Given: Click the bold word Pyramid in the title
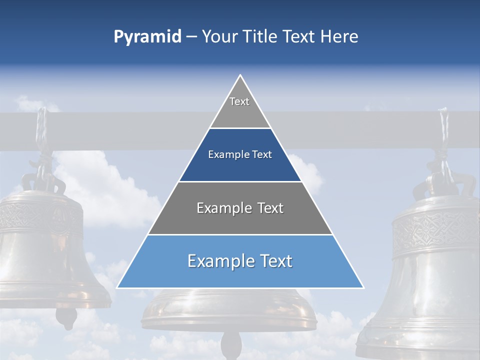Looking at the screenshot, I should coord(147,37).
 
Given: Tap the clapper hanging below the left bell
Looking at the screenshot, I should coord(66,316).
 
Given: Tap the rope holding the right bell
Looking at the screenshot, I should coord(443,135).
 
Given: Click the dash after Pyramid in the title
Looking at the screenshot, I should coord(191,37).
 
